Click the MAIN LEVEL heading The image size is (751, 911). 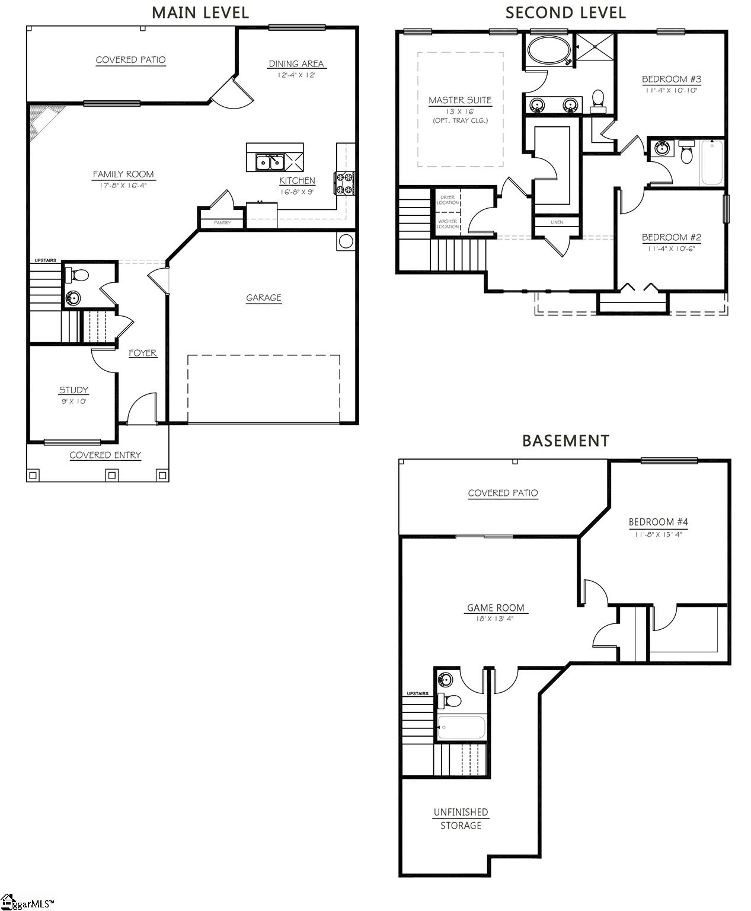[200, 12]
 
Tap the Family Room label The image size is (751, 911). [123, 174]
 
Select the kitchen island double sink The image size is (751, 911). [269, 161]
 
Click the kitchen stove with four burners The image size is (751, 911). [345, 183]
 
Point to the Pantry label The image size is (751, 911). [222, 223]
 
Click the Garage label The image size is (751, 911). [264, 298]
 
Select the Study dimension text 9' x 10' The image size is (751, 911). [73, 402]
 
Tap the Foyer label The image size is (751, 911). [143, 353]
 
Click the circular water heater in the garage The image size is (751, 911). [345, 241]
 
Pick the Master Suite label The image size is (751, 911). [460, 100]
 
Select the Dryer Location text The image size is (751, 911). [448, 200]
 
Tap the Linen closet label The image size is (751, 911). [557, 222]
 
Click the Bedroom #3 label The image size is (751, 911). [672, 79]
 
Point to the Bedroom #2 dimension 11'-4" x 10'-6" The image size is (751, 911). [672, 249]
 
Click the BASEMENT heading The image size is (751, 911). [565, 441]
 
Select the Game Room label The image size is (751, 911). [496, 607]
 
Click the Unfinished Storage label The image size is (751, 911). [461, 818]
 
